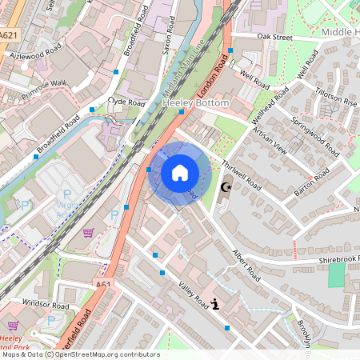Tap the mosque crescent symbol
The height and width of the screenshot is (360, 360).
coord(225,186)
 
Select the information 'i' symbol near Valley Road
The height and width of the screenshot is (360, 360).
coord(216,303)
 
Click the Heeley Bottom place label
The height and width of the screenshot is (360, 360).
coord(195,104)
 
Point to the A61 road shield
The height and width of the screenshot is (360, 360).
coord(104,284)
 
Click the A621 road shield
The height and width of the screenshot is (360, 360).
coord(9,35)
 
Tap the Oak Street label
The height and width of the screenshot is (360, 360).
coord(274,37)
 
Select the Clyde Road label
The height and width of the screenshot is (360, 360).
coord(126,102)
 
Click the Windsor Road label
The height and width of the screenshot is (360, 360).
coord(47,305)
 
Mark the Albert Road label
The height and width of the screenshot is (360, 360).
coord(247,264)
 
